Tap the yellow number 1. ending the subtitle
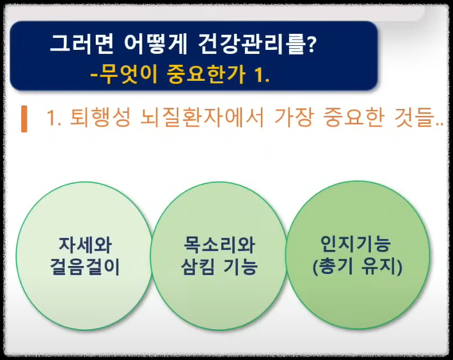tap(261, 75)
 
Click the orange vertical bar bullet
tap(24, 119)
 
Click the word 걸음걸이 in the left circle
tap(85, 268)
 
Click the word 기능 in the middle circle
tap(241, 268)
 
